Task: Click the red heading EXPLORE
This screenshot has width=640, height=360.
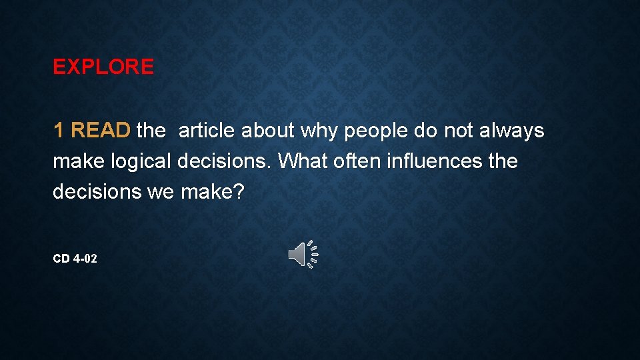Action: (x=103, y=67)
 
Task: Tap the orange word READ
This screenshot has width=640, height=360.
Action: (x=101, y=131)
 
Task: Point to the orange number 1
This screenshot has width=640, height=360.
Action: (x=59, y=131)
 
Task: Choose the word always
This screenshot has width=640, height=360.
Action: (x=512, y=131)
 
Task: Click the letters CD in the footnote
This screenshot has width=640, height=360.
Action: (x=61, y=258)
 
